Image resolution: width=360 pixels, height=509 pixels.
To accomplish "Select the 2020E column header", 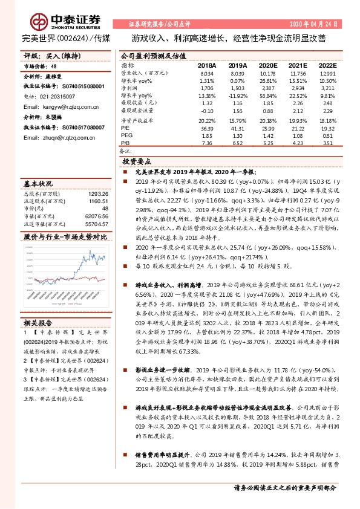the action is coord(267,65).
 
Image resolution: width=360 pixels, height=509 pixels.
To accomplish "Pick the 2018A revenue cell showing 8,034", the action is coord(207,73).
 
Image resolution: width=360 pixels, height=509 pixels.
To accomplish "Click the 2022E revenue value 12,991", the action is coord(327,73).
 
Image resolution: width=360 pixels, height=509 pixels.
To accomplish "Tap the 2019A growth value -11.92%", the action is coord(237,96).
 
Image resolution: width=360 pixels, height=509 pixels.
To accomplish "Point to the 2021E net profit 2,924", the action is coord(298,88).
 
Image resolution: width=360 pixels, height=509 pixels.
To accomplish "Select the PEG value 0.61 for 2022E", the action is coord(327,136).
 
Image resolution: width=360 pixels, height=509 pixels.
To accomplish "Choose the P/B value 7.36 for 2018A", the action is coord(207,144).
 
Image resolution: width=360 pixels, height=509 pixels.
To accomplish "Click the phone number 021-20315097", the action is coord(58,96).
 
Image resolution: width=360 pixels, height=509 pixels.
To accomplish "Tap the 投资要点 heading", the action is coord(137,162).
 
